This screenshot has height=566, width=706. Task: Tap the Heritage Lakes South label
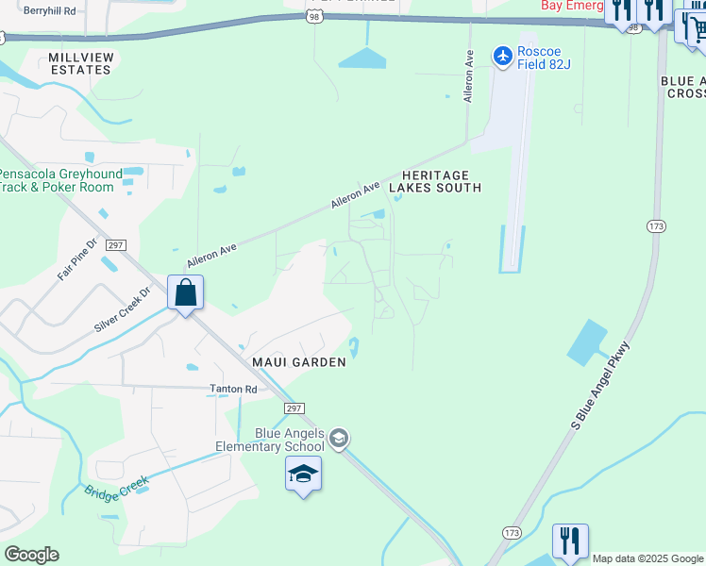coord(442,182)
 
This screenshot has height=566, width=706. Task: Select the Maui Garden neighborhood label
coord(298,361)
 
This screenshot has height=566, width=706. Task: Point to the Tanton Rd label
coord(233,389)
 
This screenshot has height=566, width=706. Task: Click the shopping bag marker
coord(186,293)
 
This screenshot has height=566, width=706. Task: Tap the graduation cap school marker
coord(304,474)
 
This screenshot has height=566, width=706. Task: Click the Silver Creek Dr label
coord(122,310)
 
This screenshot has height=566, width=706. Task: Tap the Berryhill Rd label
coord(49,9)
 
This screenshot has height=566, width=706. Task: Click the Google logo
coord(31,555)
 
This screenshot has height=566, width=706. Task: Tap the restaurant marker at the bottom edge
coord(570,541)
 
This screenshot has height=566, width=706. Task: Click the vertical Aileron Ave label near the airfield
coord(467,76)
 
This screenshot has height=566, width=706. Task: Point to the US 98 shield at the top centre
coord(314,16)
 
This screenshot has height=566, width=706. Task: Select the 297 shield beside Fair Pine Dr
coord(115,245)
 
